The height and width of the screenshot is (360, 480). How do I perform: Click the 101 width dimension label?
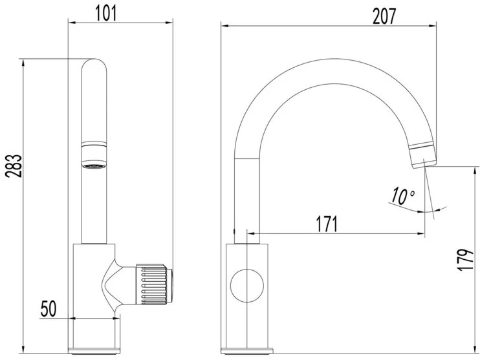(107, 14)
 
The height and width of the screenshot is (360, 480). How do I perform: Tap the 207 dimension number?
(384, 16)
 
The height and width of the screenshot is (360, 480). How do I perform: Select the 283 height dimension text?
(14, 165)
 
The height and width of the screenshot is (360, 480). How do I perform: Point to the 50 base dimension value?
(49, 308)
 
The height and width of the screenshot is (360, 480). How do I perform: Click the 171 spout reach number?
(327, 224)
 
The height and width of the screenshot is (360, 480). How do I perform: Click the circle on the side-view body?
(246, 286)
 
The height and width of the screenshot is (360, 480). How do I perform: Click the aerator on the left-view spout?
(94, 155)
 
